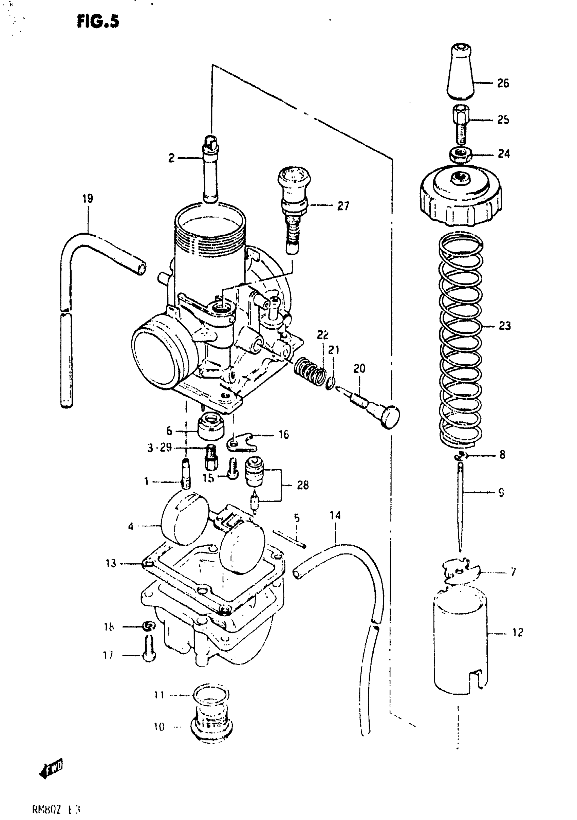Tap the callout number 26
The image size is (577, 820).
click(503, 83)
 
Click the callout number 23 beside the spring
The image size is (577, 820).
click(504, 326)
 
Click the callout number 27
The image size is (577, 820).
click(343, 206)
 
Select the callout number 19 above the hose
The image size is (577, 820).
click(88, 199)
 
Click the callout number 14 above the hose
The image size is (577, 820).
click(335, 515)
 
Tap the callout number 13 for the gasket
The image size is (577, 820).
click(111, 563)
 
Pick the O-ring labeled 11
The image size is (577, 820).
click(211, 695)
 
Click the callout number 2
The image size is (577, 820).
click(172, 158)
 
